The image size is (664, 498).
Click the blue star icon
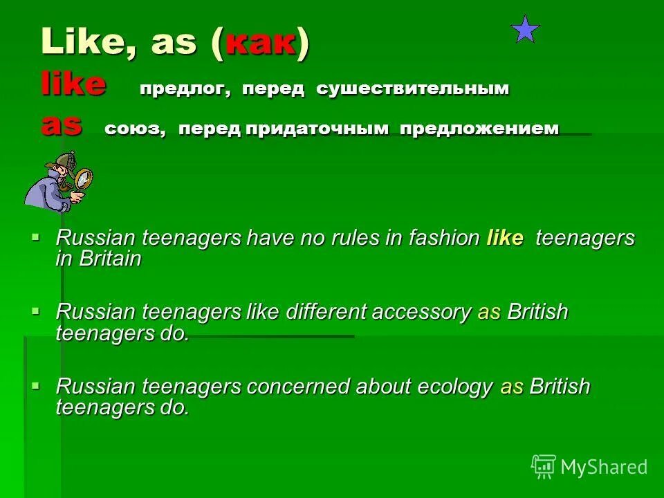[x=525, y=29]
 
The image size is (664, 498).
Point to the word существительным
[x=412, y=89]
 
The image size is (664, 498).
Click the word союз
[x=135, y=129]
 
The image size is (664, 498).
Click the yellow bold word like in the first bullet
[x=505, y=239]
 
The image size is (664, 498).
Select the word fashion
[x=444, y=239]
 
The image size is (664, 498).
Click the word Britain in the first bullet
[x=109, y=259]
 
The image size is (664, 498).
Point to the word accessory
[x=421, y=313]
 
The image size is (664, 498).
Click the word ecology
[x=454, y=387]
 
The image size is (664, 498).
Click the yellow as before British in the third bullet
[x=512, y=387]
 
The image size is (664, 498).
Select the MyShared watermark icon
[x=543, y=466]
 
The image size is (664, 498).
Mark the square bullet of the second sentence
[x=35, y=311]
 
